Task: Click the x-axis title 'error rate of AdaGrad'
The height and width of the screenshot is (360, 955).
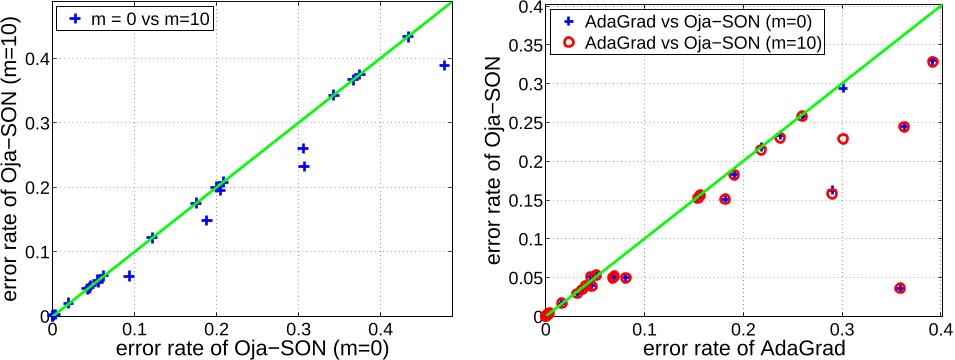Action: [742, 349]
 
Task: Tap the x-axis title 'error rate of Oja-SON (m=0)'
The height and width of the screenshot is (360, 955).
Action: [251, 349]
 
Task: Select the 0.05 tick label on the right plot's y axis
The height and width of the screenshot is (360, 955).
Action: [521, 277]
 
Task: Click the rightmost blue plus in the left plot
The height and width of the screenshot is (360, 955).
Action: [445, 65]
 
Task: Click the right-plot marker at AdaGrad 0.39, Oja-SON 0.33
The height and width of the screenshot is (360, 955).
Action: [932, 62]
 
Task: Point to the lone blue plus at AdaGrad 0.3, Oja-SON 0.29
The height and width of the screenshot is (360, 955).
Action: [843, 88]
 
